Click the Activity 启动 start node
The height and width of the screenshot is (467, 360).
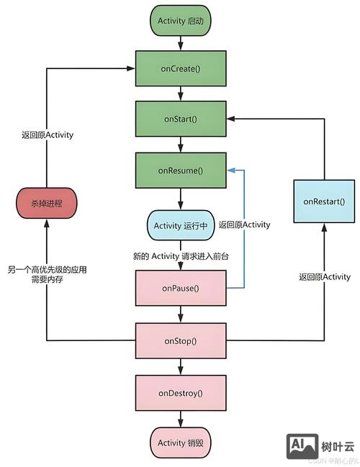(x=181, y=21)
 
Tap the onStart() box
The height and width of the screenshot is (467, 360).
(x=181, y=119)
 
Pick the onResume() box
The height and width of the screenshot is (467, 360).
(x=181, y=171)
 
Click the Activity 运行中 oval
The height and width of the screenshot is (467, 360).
(x=181, y=225)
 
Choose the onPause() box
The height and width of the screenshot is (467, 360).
(x=181, y=289)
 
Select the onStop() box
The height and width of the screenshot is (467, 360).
(x=181, y=341)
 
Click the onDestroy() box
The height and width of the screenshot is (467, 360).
(x=181, y=393)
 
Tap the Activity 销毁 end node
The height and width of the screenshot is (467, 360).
(x=181, y=443)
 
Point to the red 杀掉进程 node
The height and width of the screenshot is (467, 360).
(x=47, y=204)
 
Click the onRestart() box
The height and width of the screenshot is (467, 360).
(x=323, y=202)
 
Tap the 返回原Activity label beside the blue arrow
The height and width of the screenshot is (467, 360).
(x=244, y=225)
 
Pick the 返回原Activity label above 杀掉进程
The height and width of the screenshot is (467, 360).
(x=47, y=134)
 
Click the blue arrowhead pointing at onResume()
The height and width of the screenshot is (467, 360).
(x=230, y=171)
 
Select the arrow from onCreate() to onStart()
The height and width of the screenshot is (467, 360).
(x=181, y=94)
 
